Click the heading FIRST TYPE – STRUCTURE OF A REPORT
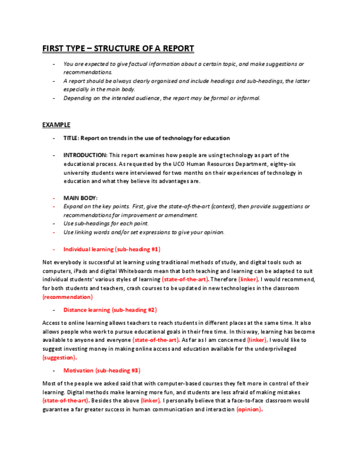click(x=118, y=48)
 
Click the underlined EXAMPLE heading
click(x=56, y=125)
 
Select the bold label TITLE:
click(x=70, y=138)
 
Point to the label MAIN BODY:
click(x=80, y=198)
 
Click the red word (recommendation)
click(x=67, y=297)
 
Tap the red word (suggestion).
click(x=59, y=357)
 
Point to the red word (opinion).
click(x=250, y=409)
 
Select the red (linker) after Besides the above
click(x=151, y=401)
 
